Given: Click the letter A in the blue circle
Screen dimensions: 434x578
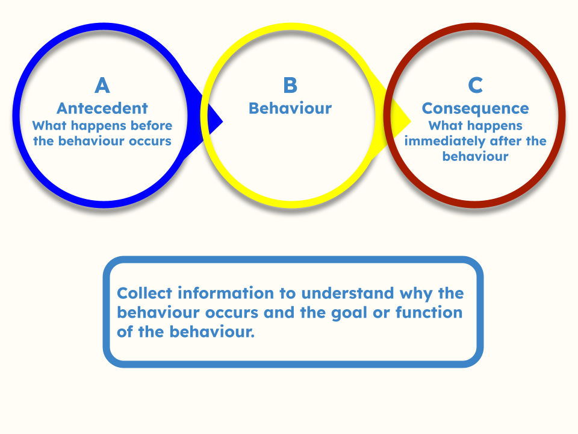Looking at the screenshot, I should pyautogui.click(x=102, y=85).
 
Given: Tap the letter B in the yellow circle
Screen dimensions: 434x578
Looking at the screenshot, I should pyautogui.click(x=290, y=85).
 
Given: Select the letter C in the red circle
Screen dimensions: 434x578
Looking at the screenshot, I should pyautogui.click(x=476, y=85).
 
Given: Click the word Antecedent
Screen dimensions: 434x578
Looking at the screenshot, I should pyautogui.click(x=102, y=108).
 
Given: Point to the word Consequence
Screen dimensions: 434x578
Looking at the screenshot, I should pyautogui.click(x=476, y=108).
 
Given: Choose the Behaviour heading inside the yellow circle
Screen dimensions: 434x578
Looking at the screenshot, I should pyautogui.click(x=290, y=108).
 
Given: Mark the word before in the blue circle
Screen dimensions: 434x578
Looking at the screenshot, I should pyautogui.click(x=154, y=126).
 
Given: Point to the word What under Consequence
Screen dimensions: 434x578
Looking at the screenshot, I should pyautogui.click(x=446, y=126).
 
